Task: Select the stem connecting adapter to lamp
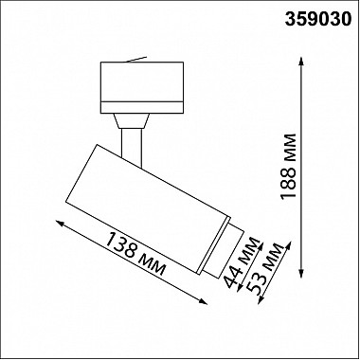coord(132,137)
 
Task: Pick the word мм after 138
coord(153,262)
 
